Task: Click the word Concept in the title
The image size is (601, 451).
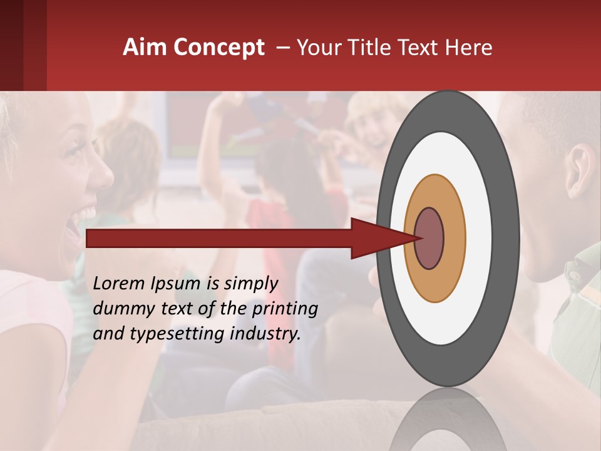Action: [x=219, y=48]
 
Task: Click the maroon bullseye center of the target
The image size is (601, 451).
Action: [x=429, y=238]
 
